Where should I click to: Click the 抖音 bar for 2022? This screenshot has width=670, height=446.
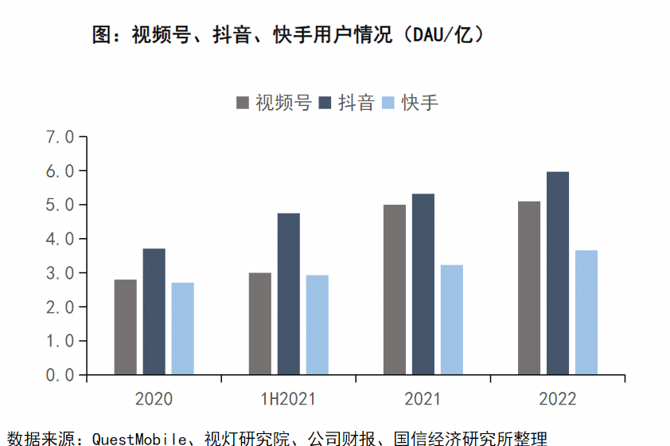(x=558, y=273)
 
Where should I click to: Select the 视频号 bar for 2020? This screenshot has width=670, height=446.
(x=125, y=327)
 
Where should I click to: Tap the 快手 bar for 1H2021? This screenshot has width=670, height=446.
(x=317, y=325)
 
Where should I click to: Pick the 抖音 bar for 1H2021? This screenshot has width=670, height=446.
(x=288, y=294)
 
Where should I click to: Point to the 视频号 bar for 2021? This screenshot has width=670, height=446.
(x=394, y=289)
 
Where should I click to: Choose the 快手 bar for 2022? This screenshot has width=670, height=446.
(x=586, y=312)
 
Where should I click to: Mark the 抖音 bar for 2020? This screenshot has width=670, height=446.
(x=154, y=311)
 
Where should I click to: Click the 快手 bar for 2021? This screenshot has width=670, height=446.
(x=451, y=319)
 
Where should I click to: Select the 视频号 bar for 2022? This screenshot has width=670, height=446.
(x=529, y=288)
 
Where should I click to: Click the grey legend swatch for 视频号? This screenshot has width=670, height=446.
(x=242, y=103)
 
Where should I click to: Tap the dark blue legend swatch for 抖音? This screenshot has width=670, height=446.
(x=325, y=103)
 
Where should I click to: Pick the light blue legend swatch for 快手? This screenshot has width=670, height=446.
(x=388, y=103)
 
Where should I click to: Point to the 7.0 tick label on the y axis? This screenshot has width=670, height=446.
(x=60, y=137)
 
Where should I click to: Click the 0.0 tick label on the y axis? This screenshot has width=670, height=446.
(x=60, y=374)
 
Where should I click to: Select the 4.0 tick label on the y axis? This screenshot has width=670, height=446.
(x=60, y=239)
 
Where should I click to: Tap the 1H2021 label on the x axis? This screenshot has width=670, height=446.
(x=288, y=399)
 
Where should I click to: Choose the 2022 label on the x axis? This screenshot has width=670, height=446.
(x=557, y=399)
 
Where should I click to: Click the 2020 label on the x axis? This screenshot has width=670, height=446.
(x=154, y=399)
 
